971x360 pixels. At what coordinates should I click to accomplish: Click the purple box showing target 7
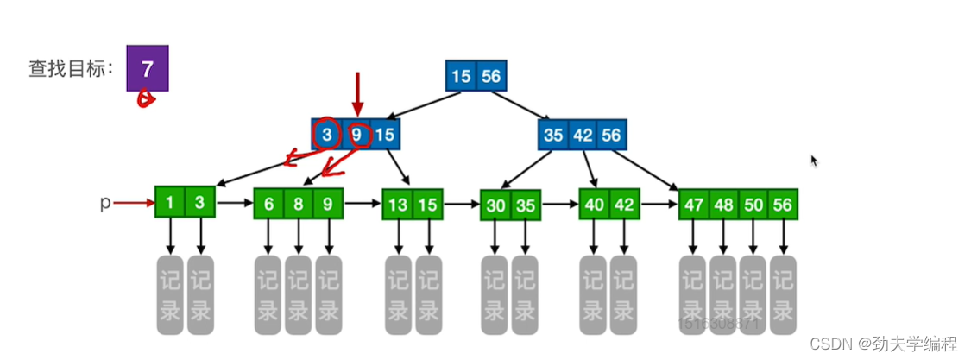[x=147, y=67]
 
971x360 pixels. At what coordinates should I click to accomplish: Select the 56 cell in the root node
[x=490, y=76]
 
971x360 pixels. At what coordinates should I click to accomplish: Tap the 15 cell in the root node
[x=461, y=76]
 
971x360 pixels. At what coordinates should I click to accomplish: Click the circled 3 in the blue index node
[x=327, y=135]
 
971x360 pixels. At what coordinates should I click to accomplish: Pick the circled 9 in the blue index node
[x=357, y=135]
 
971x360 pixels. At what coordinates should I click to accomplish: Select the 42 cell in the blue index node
[x=583, y=135]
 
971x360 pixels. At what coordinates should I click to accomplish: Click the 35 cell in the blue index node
[x=554, y=135]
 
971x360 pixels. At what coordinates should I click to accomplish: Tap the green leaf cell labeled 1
[x=170, y=204]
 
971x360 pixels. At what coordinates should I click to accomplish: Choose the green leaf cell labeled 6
[x=269, y=204]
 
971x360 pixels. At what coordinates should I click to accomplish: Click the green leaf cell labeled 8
[x=299, y=204]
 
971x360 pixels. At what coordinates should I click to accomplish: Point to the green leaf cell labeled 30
[x=496, y=205]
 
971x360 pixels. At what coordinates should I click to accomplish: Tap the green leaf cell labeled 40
[x=595, y=205]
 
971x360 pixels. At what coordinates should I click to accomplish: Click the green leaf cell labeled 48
[x=723, y=205]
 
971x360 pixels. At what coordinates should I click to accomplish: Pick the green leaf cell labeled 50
[x=753, y=205]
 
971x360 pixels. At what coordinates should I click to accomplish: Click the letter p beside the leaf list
[x=105, y=204]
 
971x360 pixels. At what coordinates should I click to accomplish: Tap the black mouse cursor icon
[x=814, y=161]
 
